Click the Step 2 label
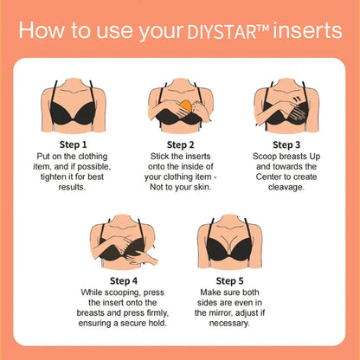tap(179, 145)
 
